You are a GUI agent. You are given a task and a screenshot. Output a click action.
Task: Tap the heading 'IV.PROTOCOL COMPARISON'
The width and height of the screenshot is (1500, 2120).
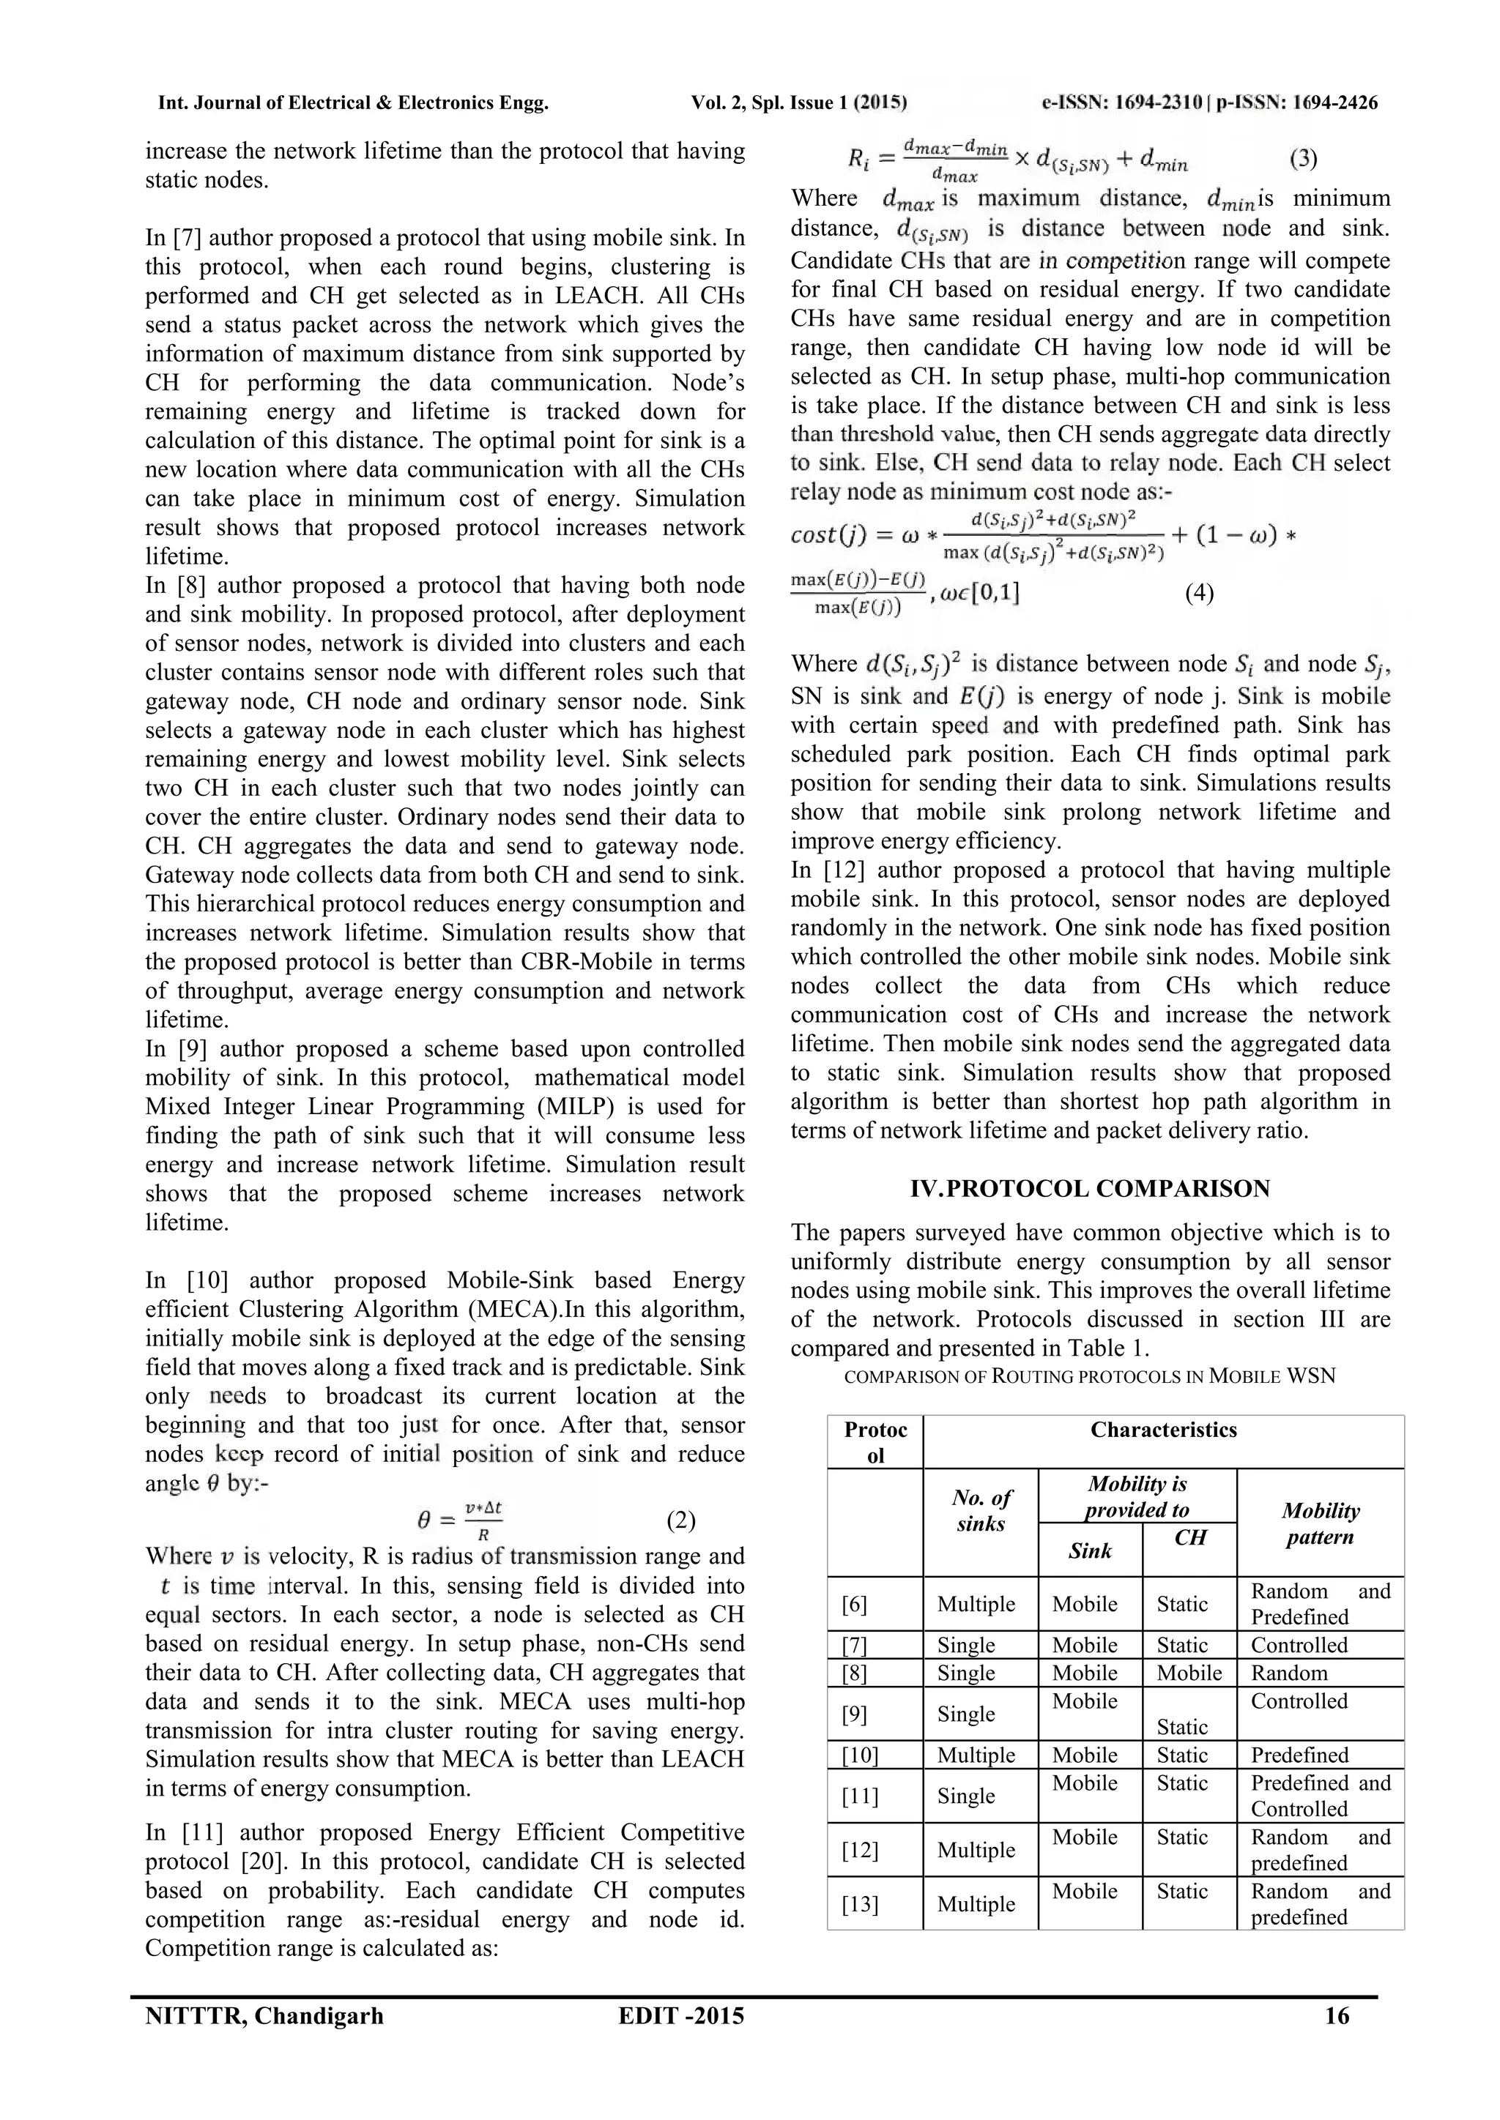(x=1090, y=1188)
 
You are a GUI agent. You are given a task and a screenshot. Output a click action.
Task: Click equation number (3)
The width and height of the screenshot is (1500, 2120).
(x=1302, y=158)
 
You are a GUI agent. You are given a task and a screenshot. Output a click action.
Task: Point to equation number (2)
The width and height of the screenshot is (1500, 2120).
(x=680, y=1520)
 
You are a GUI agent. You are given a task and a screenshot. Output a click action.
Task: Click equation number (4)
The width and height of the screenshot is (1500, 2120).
(x=1199, y=593)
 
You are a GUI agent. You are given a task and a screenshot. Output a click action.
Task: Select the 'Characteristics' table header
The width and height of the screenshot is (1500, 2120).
(x=1163, y=1430)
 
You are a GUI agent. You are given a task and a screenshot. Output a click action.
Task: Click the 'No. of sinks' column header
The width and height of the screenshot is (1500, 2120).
(x=981, y=1511)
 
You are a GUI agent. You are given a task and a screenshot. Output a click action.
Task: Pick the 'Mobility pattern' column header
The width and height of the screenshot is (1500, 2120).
(x=1320, y=1523)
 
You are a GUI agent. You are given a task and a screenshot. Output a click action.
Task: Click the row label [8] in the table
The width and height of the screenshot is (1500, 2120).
(x=855, y=1673)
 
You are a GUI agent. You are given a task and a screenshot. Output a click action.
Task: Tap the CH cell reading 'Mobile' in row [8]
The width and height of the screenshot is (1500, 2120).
(x=1189, y=1673)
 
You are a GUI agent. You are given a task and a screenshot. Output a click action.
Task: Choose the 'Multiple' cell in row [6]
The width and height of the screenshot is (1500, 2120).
(x=976, y=1604)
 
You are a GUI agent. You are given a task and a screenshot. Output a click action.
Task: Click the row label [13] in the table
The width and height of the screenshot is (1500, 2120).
(x=860, y=1904)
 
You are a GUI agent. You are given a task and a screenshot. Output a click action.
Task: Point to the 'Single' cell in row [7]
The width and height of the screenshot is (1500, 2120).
(x=966, y=1646)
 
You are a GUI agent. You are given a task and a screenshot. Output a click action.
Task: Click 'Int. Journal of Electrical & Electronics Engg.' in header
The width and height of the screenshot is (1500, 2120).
(x=354, y=103)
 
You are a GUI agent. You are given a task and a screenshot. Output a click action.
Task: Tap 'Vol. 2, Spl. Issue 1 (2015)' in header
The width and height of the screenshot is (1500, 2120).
(x=799, y=103)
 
